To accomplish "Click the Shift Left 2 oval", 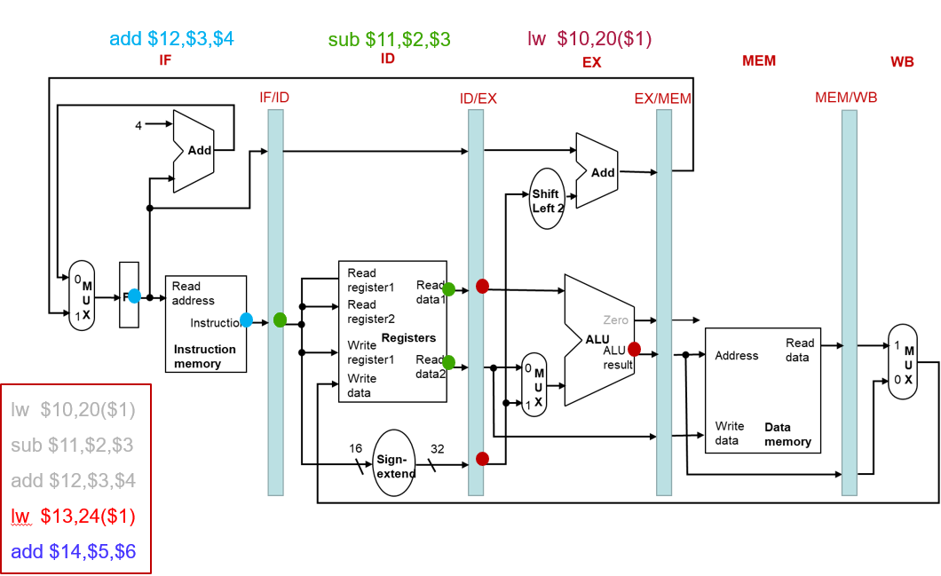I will click(x=548, y=199).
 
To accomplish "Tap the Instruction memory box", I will click(x=205, y=324).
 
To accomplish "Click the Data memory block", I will click(x=763, y=391).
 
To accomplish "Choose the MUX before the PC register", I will click(x=82, y=296).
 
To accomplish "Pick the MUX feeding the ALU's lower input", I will click(x=534, y=385).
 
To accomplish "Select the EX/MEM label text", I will click(x=663, y=98).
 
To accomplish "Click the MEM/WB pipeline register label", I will click(x=846, y=98).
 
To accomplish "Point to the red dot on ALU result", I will click(x=634, y=349).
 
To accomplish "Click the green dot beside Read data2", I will click(x=448, y=362).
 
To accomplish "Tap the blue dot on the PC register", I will click(x=134, y=296).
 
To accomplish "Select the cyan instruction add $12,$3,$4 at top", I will click(x=172, y=38).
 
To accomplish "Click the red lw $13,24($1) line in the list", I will click(x=74, y=516).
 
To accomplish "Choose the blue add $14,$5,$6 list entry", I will click(x=74, y=551).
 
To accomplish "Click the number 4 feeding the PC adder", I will click(x=138, y=126).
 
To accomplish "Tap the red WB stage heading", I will click(x=902, y=62).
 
